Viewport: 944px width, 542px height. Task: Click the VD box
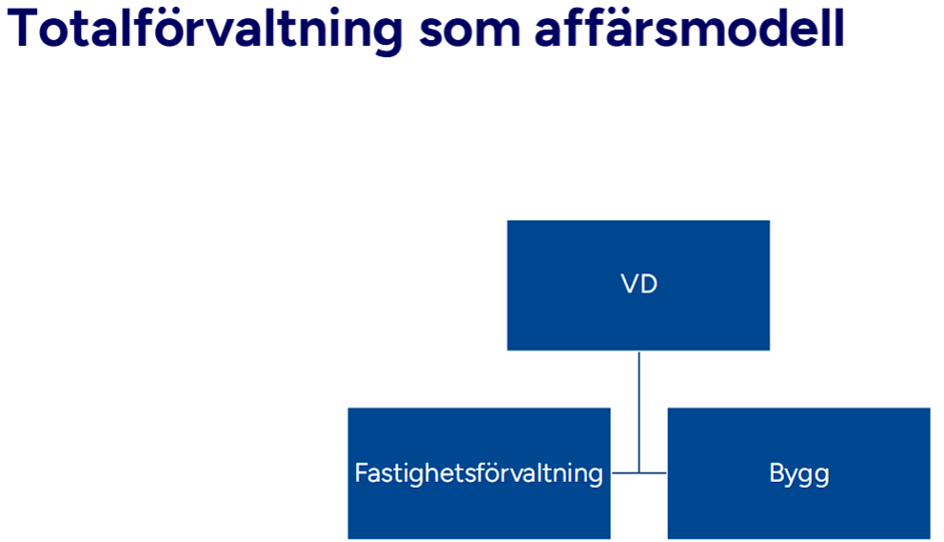click(638, 285)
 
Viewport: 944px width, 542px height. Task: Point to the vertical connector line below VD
click(639, 400)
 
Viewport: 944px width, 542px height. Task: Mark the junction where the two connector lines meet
click(639, 472)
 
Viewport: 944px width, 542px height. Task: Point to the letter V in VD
click(628, 285)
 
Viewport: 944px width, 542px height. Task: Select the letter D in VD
click(648, 285)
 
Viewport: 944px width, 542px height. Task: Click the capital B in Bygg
click(776, 473)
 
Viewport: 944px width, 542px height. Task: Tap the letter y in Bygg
click(791, 476)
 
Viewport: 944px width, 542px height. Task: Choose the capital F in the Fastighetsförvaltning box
click(361, 472)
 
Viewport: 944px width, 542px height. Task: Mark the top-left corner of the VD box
click(508, 221)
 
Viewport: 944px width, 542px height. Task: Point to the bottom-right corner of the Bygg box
click(929, 538)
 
